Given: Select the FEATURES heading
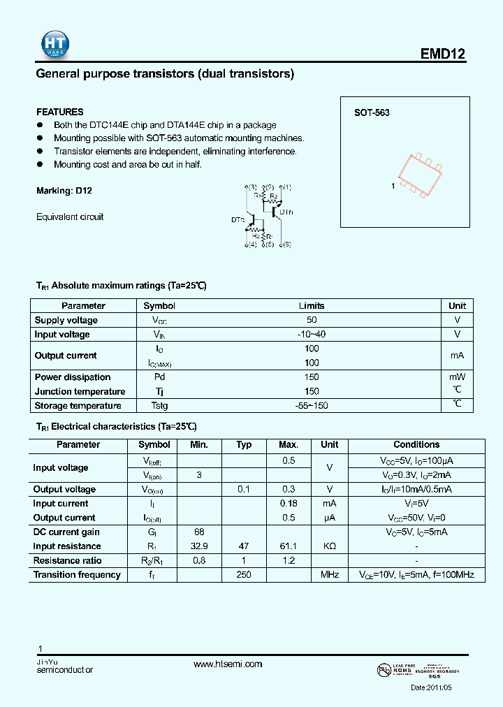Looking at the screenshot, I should coord(59,112).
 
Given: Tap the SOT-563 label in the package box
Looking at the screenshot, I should coord(372,112).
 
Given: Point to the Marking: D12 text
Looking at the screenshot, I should coord(64,191).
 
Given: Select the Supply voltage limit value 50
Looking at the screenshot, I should coord(312,320).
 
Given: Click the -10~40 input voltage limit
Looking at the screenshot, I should coord(312,335).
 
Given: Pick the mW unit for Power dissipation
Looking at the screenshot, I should coord(457,377).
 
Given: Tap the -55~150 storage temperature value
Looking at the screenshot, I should coord(312,406).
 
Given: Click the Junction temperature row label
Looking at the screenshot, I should coord(80,392).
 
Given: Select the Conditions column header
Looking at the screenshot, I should coord(416,444).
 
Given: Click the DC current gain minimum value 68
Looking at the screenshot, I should coord(199,532).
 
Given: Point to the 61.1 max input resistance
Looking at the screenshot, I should coord(289,546).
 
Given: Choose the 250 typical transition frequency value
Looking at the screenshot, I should coord(244,575).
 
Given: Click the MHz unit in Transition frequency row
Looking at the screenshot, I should coord(329,575).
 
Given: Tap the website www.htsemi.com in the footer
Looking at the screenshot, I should coord(228,664).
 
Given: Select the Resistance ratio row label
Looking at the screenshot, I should coord(67,561).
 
